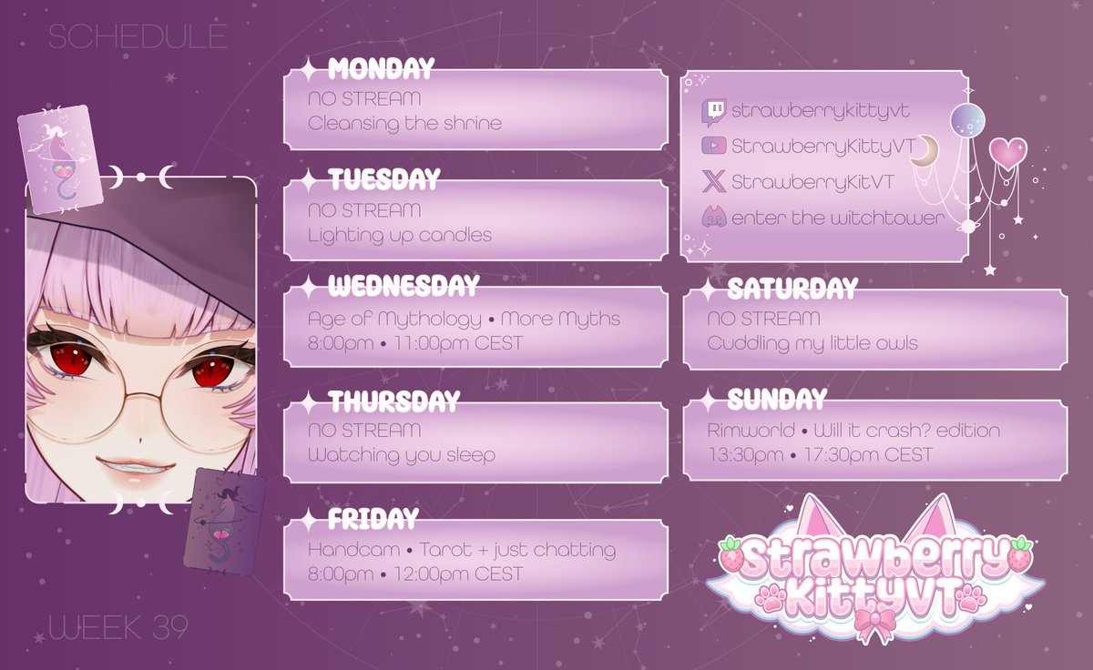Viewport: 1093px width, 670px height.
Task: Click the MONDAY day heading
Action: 381,68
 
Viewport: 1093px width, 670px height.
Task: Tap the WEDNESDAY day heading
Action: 403,287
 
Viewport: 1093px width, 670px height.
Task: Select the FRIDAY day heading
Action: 373,519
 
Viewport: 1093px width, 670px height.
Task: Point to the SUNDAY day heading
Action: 777,399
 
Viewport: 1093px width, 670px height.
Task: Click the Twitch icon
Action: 714,111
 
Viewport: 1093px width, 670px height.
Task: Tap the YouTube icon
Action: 714,146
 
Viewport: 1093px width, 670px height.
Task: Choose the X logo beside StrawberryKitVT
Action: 714,182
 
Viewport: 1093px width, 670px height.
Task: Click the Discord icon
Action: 714,218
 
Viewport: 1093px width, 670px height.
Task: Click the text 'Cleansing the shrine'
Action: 404,123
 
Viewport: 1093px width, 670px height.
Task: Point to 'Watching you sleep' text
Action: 401,454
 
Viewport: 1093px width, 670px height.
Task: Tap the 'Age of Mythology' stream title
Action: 394,320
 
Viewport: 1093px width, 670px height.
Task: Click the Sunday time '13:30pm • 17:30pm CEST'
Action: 820,454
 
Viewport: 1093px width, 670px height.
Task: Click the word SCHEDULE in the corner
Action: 137,36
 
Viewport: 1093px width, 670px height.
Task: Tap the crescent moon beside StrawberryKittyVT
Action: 925,150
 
